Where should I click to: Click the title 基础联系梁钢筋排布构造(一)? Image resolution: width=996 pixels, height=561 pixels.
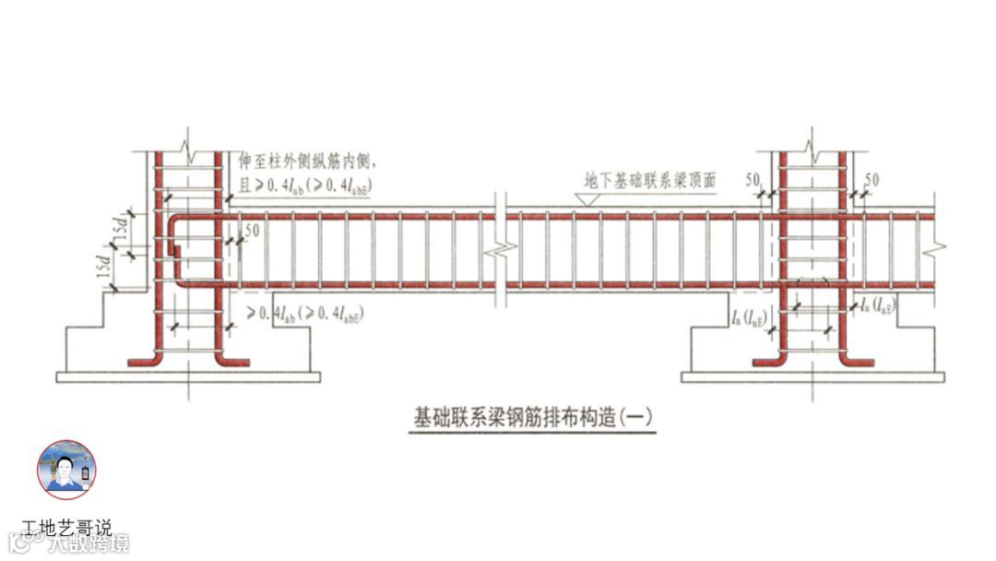pyautogui.click(x=532, y=417)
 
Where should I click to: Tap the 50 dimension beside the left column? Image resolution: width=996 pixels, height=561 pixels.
pyautogui.click(x=250, y=229)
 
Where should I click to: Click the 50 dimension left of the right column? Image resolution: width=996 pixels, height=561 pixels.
pyautogui.click(x=753, y=177)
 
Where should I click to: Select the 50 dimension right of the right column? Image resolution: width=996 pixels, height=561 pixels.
pyautogui.click(x=871, y=177)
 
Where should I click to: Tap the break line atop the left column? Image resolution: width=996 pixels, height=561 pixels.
pyautogui.click(x=188, y=146)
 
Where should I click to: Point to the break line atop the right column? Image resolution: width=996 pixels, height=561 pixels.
pyautogui.click(x=811, y=146)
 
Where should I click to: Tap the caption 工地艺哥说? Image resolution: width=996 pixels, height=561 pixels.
pyautogui.click(x=66, y=529)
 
